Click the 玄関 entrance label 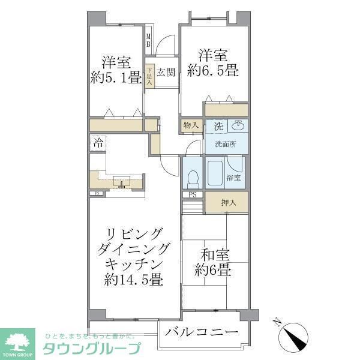coord(166,73)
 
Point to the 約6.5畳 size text coord(213,71)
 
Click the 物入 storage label coord(190,126)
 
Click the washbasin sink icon coord(238,125)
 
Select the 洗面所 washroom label coord(225,145)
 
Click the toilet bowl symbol coord(193,177)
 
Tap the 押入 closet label coord(227,202)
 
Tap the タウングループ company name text coord(91,349)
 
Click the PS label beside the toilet coord(193,194)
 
